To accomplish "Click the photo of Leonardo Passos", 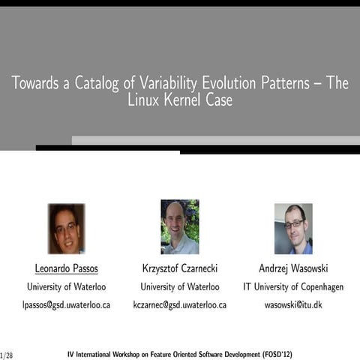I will point(66,228).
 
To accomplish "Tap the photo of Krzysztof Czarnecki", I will point(180,226).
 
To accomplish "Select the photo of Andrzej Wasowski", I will point(293,228).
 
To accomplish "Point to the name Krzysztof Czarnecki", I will point(180,268).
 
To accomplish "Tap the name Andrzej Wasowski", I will point(293,268).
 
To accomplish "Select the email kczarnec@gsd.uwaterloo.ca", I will point(180,305).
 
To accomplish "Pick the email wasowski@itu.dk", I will point(293,305).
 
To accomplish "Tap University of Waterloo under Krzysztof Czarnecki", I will point(180,286).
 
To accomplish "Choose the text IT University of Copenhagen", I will point(293,286).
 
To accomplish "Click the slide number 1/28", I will point(7,353).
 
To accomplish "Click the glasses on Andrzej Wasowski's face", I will point(294,223).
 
